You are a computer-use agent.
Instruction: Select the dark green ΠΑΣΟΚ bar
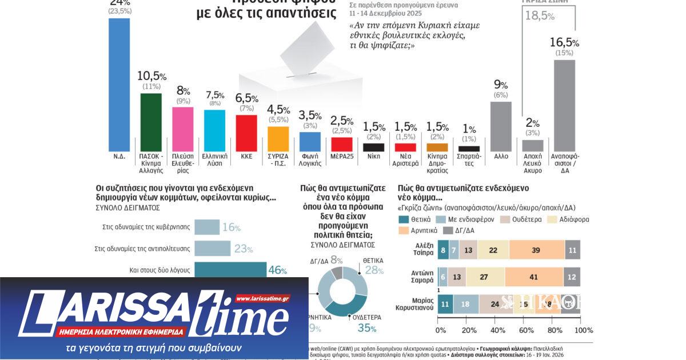click(x=151, y=121)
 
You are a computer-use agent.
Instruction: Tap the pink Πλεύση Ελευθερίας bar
click(x=183, y=128)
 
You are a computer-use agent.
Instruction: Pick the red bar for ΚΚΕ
click(x=246, y=132)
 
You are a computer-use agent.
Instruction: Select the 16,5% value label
click(x=564, y=42)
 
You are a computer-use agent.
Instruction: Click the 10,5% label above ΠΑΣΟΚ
click(x=151, y=77)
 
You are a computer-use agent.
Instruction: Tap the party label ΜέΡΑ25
click(x=342, y=155)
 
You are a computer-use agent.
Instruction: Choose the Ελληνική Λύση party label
click(x=214, y=159)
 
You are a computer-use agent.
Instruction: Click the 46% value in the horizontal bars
click(x=277, y=270)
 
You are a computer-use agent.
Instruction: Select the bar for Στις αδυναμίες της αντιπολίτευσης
click(x=212, y=249)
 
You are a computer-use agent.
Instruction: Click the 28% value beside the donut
click(x=374, y=269)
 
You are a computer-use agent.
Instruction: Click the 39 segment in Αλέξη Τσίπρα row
click(x=536, y=250)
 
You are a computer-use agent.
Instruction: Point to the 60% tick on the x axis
click(x=525, y=330)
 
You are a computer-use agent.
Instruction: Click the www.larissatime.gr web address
click(x=262, y=298)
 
